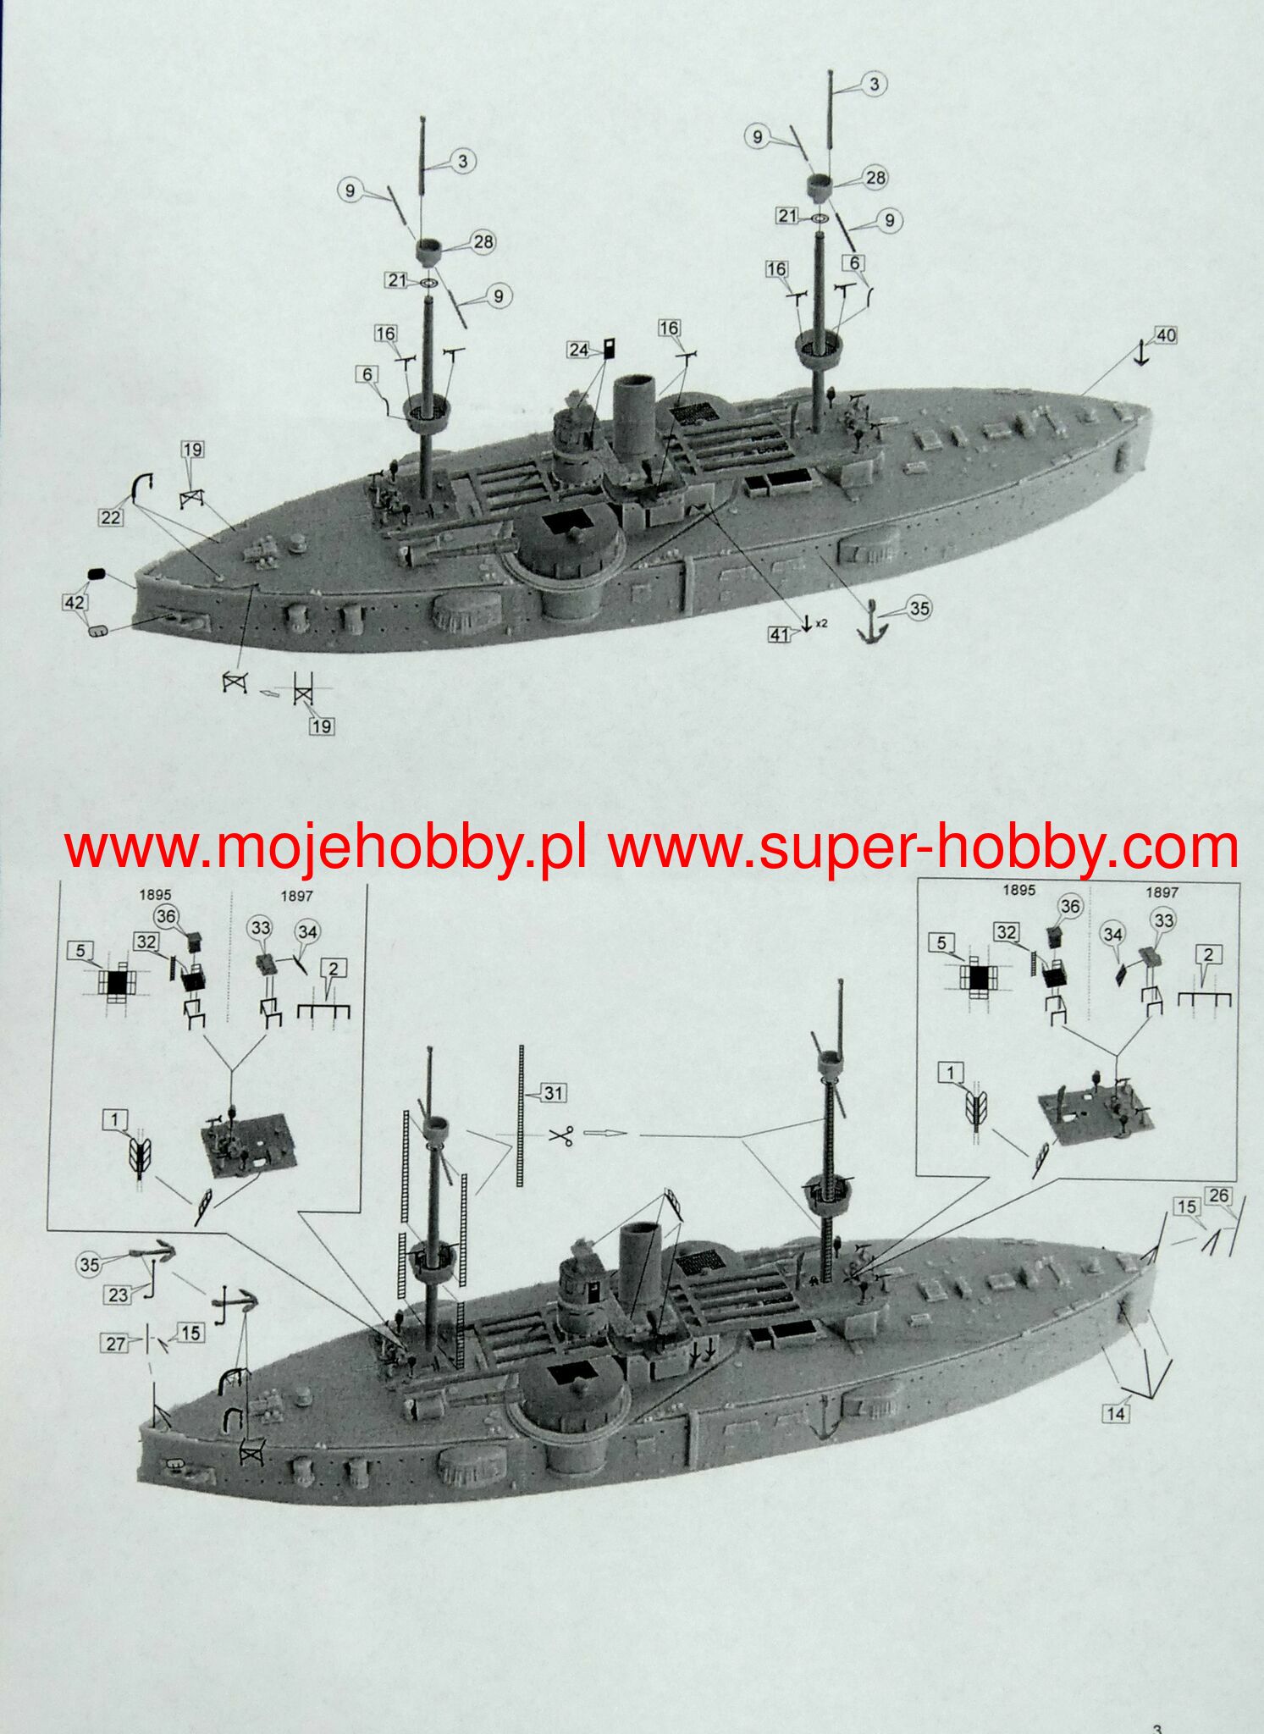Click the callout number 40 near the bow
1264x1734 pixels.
pyautogui.click(x=1166, y=335)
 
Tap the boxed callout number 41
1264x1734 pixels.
pyautogui.click(x=779, y=634)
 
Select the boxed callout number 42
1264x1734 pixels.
pyautogui.click(x=74, y=602)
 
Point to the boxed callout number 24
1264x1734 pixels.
pyautogui.click(x=578, y=349)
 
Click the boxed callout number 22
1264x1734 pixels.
pyautogui.click(x=111, y=516)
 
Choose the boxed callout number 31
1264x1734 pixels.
pyautogui.click(x=552, y=1093)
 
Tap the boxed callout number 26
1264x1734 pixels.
pyautogui.click(x=1218, y=1196)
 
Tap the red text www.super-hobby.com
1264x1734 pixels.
pyautogui.click(x=923, y=848)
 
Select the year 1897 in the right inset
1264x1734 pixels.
pyautogui.click(x=1162, y=892)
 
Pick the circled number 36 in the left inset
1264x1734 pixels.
pyautogui.click(x=166, y=916)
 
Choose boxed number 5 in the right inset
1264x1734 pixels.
pyautogui.click(x=942, y=942)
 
